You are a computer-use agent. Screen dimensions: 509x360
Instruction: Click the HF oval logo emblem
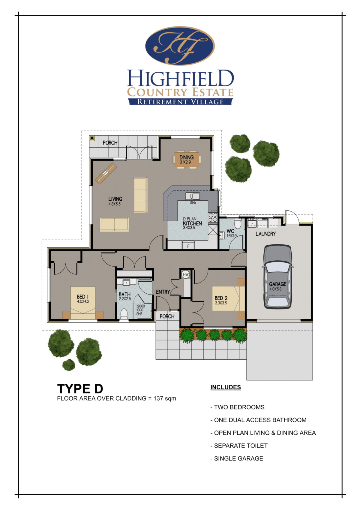(180, 46)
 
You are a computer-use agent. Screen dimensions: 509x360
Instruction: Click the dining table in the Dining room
(187, 160)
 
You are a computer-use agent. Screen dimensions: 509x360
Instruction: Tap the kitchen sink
(193, 196)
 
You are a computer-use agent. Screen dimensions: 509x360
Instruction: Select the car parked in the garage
(277, 277)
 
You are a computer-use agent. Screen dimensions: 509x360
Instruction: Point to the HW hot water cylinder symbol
(186, 274)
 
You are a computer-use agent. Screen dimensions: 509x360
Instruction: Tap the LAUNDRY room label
(265, 234)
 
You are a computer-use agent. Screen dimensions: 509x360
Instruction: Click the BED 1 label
(83, 297)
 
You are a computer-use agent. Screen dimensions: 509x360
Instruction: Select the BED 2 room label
(221, 298)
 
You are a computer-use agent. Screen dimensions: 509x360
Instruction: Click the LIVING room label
(115, 199)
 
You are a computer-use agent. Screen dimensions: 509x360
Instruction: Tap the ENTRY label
(163, 292)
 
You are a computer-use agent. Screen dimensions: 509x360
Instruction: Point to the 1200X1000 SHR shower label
(140, 310)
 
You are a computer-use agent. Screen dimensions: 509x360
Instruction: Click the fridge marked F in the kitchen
(188, 246)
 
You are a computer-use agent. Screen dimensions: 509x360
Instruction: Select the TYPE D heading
(80, 389)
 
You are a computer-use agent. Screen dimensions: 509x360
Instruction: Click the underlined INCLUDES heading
(226, 387)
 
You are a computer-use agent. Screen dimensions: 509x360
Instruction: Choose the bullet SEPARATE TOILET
(241, 446)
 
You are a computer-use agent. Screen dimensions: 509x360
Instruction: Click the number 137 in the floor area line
(158, 399)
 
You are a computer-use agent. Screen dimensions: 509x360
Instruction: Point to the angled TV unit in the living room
(106, 173)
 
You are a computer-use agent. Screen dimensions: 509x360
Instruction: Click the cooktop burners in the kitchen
(213, 217)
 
